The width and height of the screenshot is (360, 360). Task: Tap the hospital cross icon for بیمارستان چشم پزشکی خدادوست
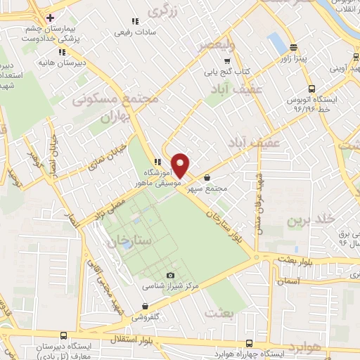[x=49, y=17]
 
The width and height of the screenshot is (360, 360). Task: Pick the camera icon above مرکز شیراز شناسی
[x=169, y=276]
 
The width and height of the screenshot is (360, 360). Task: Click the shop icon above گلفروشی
[x=144, y=306]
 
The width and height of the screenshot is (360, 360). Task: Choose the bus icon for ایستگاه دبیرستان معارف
[x=63, y=335]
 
